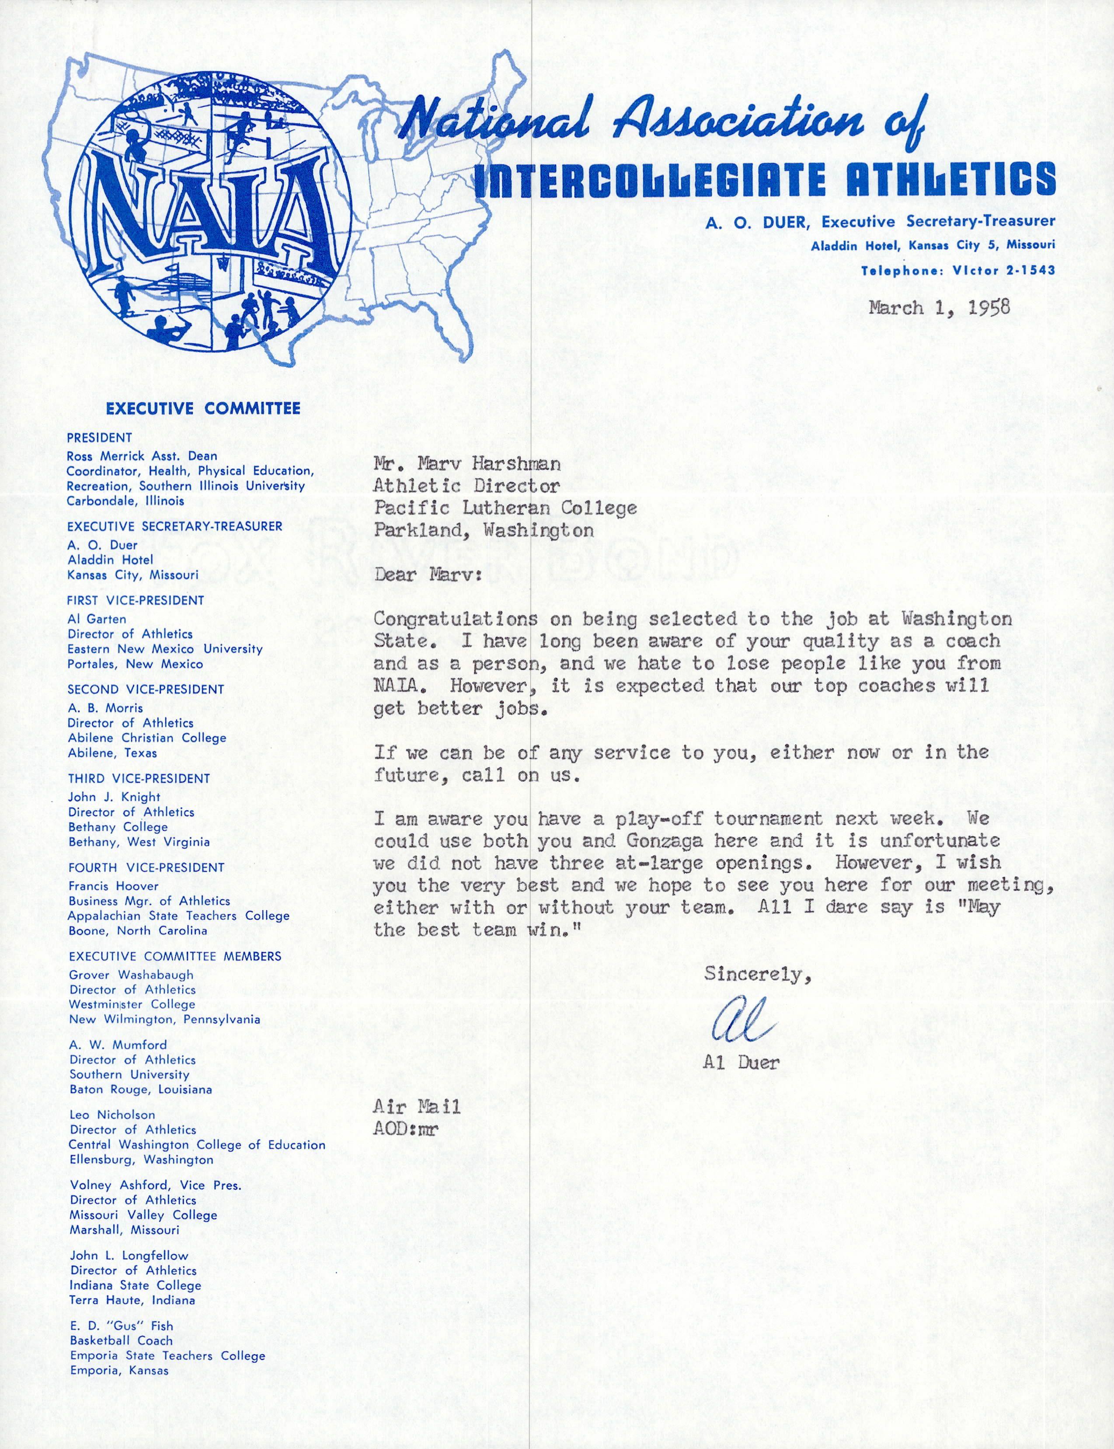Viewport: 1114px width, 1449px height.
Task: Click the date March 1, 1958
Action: point(939,308)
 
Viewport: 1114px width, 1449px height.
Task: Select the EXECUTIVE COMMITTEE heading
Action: point(203,408)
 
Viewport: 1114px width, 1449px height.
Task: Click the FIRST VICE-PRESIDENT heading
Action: point(136,600)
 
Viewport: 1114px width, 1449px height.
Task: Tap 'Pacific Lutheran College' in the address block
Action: point(505,508)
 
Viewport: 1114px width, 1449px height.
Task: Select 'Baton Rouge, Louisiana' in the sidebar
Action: point(141,1090)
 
